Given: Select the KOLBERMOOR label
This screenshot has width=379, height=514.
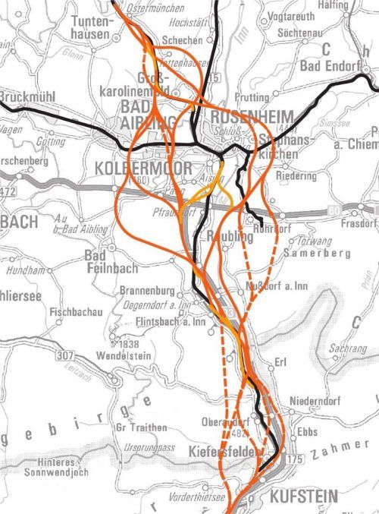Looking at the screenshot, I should click(x=133, y=166).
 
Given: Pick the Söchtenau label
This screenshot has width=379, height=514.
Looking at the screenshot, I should click(x=302, y=33).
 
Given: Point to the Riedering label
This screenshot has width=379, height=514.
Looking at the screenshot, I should click(x=296, y=176).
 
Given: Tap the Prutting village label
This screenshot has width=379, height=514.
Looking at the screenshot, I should click(x=252, y=97).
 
